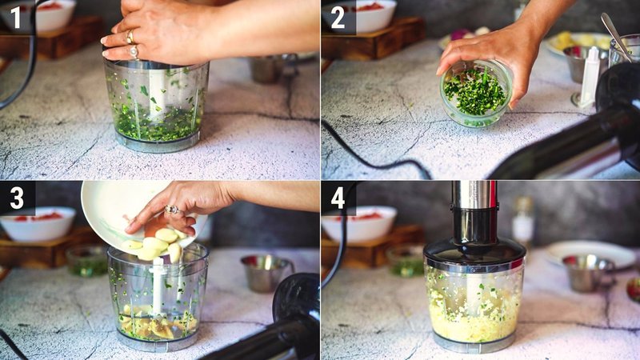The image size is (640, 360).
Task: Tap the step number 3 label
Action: pyautogui.click(x=16, y=197)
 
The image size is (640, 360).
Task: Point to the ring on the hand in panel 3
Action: pyautogui.click(x=171, y=210)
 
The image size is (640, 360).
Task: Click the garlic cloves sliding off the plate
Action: pyautogui.click(x=160, y=244)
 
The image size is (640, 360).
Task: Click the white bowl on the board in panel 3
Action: pyautogui.click(x=38, y=224)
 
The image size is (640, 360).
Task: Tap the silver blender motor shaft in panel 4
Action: pyautogui.click(x=474, y=194)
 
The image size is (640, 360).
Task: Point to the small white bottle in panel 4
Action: pyautogui.click(x=523, y=222)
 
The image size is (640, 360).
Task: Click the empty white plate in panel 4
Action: pyautogui.click(x=592, y=250)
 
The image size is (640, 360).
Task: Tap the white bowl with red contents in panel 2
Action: pyautogui.click(x=370, y=15)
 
